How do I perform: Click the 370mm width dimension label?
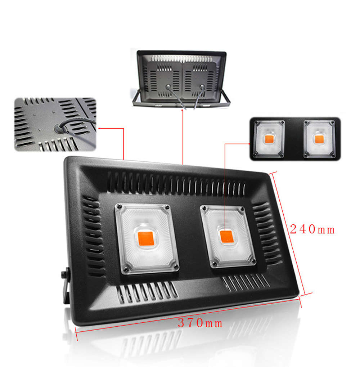pos(200,323)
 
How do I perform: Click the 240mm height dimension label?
pos(312,229)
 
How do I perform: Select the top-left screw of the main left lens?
pos(118,207)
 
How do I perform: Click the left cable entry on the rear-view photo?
pos(167,87)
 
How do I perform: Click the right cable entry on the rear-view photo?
pos(202,87)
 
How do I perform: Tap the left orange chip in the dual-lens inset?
pos(269,139)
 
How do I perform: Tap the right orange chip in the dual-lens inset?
pos(319,139)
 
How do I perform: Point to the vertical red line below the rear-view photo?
pos(182,137)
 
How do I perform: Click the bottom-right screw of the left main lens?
pos(175,267)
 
